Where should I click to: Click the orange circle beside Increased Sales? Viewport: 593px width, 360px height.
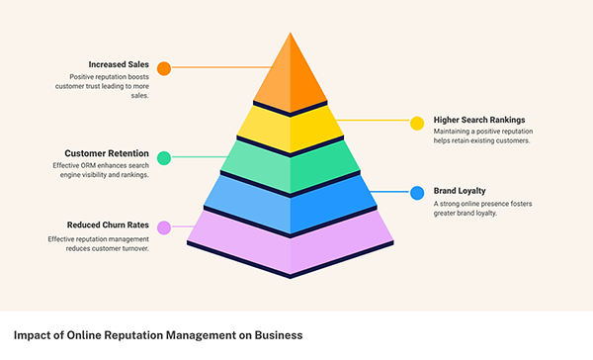[x=164, y=68]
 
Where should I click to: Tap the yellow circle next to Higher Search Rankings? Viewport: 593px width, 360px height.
[x=417, y=124]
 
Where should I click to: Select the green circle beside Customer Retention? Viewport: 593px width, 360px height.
[x=164, y=158]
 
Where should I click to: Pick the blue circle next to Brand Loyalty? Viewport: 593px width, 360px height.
[x=417, y=193]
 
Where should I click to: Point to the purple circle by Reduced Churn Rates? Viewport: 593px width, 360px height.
[x=164, y=227]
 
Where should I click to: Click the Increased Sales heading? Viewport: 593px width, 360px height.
[x=119, y=64]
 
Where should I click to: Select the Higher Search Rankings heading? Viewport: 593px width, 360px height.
[x=479, y=120]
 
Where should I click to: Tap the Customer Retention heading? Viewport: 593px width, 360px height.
[x=107, y=153]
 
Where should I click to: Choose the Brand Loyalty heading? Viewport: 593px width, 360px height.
[x=460, y=191]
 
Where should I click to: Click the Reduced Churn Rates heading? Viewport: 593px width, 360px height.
[x=108, y=225]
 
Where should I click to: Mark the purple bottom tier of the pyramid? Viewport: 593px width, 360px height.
[x=290, y=242]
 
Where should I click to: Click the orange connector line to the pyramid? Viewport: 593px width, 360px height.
[x=222, y=67]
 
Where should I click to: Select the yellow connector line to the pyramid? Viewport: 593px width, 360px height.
[x=373, y=121]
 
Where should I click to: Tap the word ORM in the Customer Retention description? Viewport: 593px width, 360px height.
[x=85, y=165]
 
